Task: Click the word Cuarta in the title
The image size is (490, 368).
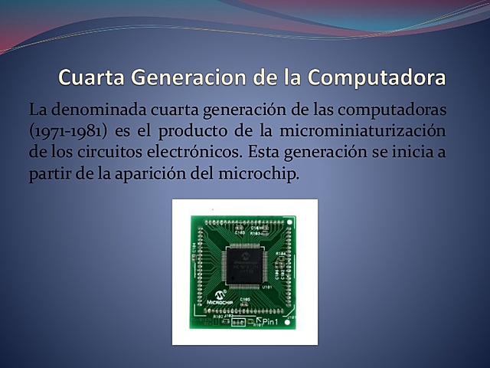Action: (x=91, y=77)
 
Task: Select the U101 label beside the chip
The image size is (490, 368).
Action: (x=267, y=287)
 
